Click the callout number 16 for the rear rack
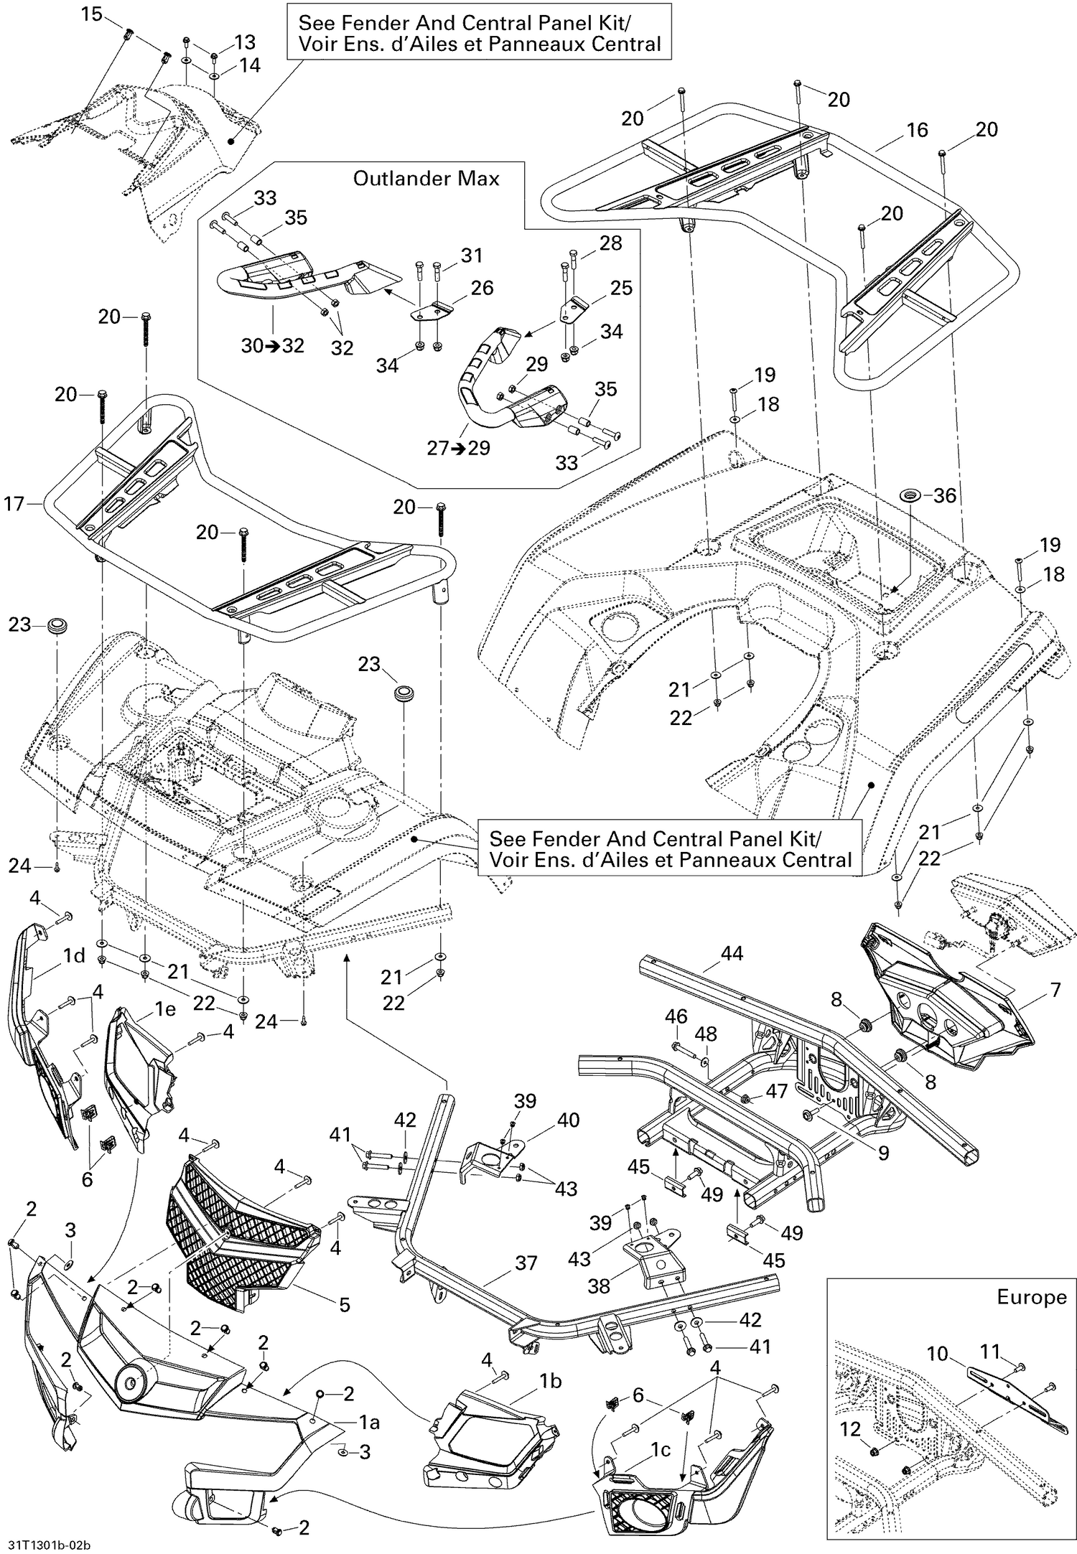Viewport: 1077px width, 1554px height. tap(917, 130)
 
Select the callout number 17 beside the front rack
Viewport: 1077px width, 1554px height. tap(14, 504)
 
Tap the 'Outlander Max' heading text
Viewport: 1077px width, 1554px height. tap(426, 179)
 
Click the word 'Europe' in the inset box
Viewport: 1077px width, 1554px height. tap(1031, 1297)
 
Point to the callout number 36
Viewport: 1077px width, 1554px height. tap(945, 495)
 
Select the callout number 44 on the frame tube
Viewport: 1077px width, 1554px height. tap(732, 953)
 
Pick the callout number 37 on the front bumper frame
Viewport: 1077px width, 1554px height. tap(526, 1283)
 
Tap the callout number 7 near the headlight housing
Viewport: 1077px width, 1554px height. tap(1055, 991)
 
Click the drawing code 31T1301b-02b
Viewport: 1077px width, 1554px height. tap(50, 1540)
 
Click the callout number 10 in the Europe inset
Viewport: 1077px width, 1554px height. tap(938, 1354)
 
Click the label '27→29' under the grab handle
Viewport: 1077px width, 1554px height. tap(458, 448)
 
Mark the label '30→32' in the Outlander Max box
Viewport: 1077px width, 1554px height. tap(272, 346)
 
